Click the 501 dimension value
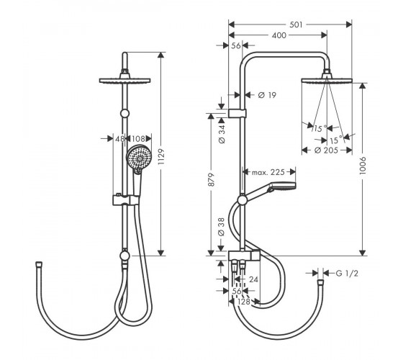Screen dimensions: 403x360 [296, 24]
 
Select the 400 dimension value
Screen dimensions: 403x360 [279, 35]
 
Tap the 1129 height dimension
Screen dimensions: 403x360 [161, 156]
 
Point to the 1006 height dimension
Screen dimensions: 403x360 [363, 166]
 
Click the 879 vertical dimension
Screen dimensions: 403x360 [211, 180]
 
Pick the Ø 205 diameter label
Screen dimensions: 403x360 [326, 150]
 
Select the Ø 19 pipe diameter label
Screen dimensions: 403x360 [267, 95]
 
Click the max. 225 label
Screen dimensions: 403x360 [268, 172]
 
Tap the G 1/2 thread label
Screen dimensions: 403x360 [347, 274]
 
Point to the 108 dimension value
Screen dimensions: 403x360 [138, 139]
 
